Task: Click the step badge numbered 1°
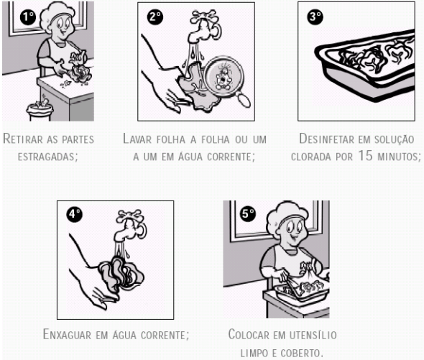[28, 17]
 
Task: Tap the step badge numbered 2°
[155, 17]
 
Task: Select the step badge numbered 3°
[315, 17]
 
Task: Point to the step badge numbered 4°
[74, 214]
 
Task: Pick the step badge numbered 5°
[248, 213]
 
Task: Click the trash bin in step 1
[40, 110]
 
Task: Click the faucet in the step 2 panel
[205, 26]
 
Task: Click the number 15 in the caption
[365, 156]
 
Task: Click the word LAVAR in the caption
[137, 139]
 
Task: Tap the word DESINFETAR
[327, 139]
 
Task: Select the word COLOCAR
[249, 335]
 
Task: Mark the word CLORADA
[311, 157]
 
